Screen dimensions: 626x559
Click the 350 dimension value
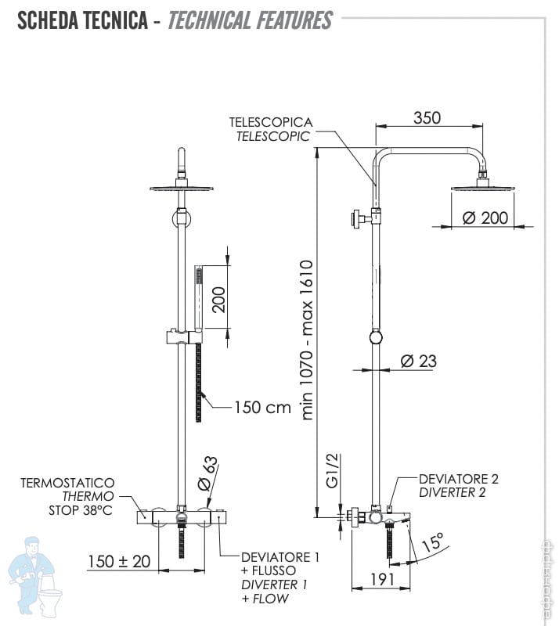(427, 118)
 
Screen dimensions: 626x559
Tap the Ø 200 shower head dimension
(485, 218)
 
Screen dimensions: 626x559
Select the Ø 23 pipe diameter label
(419, 361)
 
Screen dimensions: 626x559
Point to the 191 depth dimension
(381, 580)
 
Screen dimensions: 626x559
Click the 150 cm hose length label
(262, 407)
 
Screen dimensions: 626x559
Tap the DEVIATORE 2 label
(458, 479)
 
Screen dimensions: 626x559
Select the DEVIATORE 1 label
(279, 557)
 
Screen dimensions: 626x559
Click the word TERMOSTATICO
(68, 484)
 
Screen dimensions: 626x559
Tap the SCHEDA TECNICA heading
(81, 21)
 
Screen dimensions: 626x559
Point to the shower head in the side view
(479, 185)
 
